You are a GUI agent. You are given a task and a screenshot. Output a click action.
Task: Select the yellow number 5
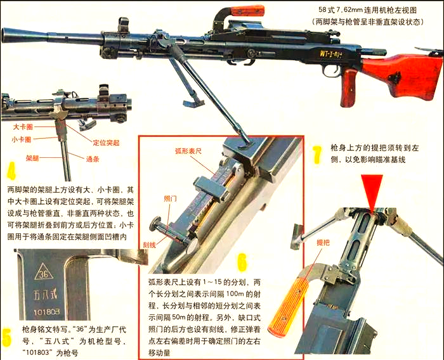[7, 337]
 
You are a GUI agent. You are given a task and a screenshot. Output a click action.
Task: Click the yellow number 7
[317, 154]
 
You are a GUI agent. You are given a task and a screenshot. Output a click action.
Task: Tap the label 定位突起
[107, 143]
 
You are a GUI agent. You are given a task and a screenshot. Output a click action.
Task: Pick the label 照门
[171, 198]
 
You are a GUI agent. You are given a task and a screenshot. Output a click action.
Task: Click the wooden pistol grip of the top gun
[348, 89]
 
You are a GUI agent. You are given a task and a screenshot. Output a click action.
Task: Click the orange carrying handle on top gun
[247, 11]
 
